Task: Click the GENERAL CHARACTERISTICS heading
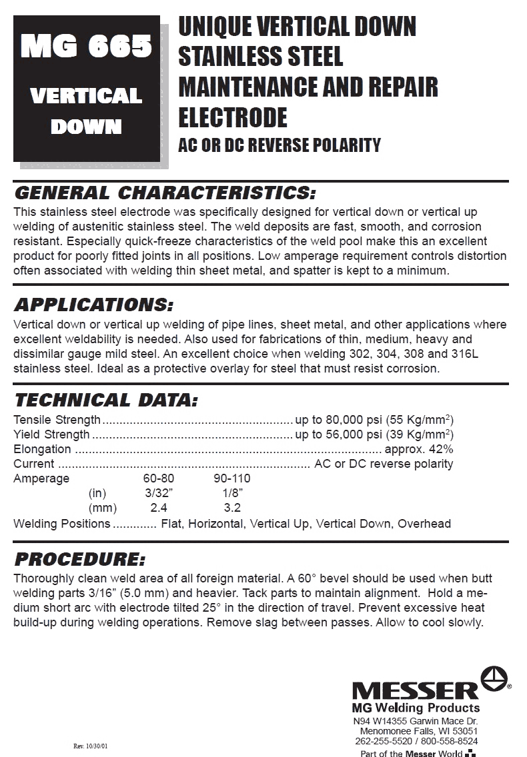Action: pos(164,193)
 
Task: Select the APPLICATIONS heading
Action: pos(93,306)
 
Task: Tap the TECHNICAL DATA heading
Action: pos(106,400)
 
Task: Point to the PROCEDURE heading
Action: pos(79,559)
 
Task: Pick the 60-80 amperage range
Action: pos(159,478)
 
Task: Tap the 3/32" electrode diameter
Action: pos(159,493)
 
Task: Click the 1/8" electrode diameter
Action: pos(232,493)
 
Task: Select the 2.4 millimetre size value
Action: pos(159,508)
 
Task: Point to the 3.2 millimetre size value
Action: pos(232,508)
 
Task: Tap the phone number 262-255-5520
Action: pos(384,740)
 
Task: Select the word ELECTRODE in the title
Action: pos(232,117)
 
